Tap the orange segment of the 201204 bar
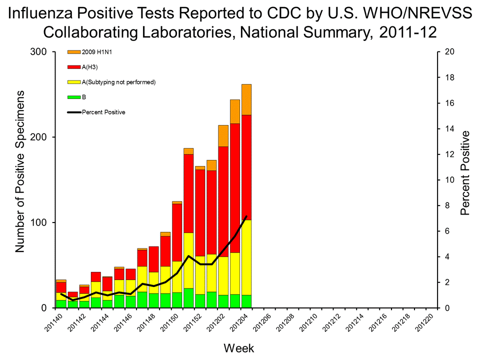click(246, 99)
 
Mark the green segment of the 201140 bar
click(61, 303)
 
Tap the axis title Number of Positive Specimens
click(20, 171)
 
